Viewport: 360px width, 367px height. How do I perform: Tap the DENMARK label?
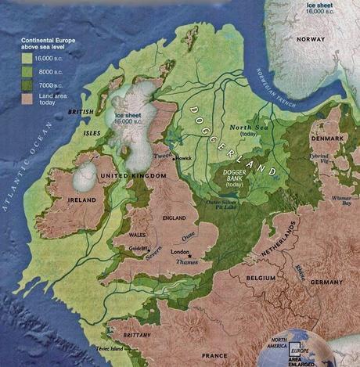coord(329,138)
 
